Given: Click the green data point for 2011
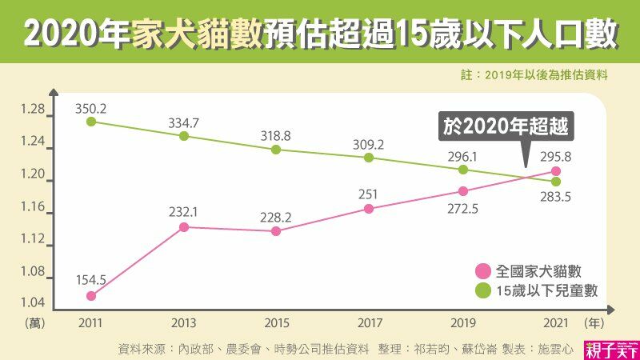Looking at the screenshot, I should point(91,122).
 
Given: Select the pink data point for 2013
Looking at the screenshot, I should point(183,227).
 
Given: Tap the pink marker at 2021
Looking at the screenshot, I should point(556,171).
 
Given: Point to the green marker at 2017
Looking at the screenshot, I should point(369,158).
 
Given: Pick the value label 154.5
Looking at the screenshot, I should point(91,279).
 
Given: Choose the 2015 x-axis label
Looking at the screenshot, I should point(276,323).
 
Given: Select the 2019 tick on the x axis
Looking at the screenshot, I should point(462,323).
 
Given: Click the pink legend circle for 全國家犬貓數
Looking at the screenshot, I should point(482,270).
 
